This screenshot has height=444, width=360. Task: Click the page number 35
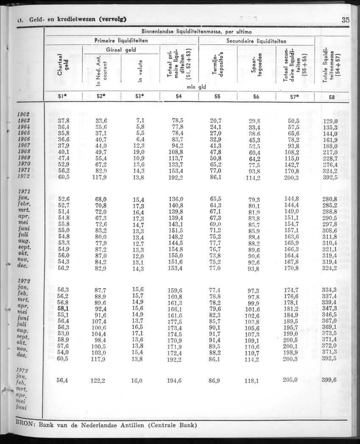pyautogui.click(x=345, y=19)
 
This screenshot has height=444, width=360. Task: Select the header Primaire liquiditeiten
pyautogui.click(x=121, y=41)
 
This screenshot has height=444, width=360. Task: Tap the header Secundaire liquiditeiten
pyautogui.click(x=256, y=41)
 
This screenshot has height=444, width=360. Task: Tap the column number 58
pyautogui.click(x=332, y=97)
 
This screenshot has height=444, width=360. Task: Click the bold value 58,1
pyautogui.click(x=63, y=309)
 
